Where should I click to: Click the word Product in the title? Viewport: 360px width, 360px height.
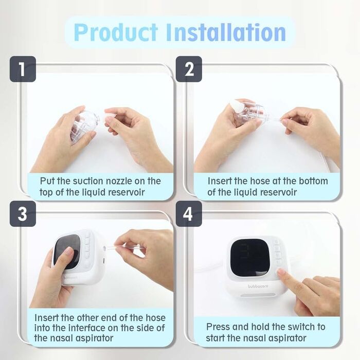click(x=116, y=32)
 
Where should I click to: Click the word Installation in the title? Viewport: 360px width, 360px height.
click(x=226, y=32)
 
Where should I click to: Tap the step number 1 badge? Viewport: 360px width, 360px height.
click(x=23, y=69)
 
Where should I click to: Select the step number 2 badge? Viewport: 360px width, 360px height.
click(x=189, y=69)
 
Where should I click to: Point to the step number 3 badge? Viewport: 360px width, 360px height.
click(x=23, y=214)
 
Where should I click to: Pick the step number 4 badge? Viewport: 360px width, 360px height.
click(x=189, y=214)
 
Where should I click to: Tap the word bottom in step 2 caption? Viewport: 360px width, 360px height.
click(x=313, y=181)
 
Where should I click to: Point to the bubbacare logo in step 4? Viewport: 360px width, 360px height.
click(x=258, y=286)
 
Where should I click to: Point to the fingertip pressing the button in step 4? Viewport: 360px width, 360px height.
click(x=281, y=272)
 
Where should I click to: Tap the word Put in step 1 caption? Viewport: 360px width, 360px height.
click(x=47, y=181)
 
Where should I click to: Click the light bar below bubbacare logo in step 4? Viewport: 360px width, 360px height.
click(x=258, y=295)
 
